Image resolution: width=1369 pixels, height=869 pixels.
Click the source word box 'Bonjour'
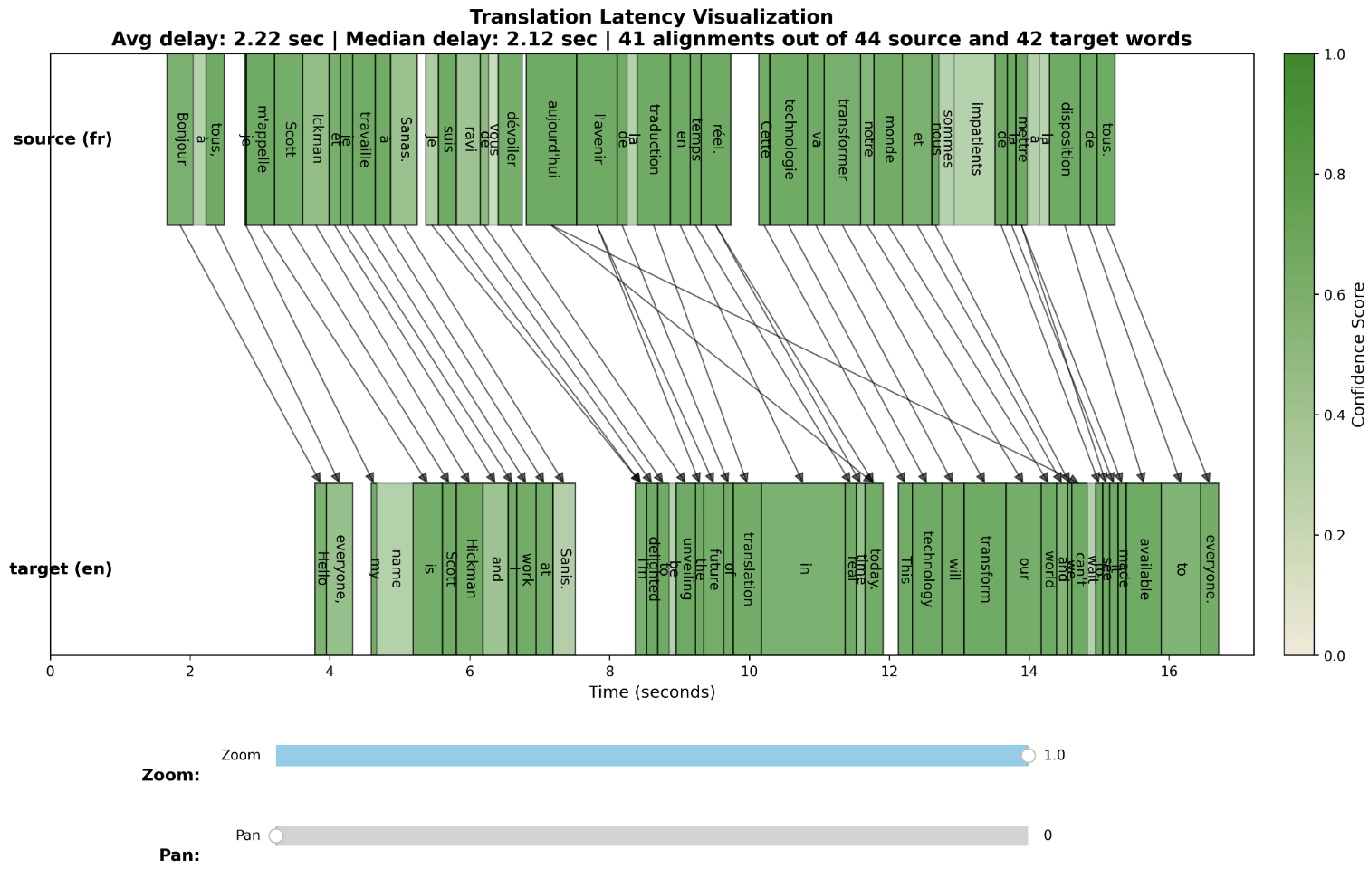click(x=179, y=139)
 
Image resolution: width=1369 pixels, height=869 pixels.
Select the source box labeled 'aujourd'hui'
click(x=550, y=139)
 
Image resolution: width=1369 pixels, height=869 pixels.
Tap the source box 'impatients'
click(x=974, y=139)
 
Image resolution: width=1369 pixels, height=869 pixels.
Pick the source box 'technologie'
click(x=788, y=139)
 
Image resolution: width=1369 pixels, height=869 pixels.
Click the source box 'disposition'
click(x=1065, y=139)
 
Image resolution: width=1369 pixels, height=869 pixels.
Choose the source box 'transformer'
click(x=842, y=139)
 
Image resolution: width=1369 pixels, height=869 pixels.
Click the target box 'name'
click(x=395, y=568)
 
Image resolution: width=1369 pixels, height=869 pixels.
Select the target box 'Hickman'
click(x=469, y=568)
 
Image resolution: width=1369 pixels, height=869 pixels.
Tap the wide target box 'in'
click(x=803, y=568)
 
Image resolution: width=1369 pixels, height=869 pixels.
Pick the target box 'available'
click(x=1144, y=568)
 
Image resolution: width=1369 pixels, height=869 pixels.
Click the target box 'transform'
click(x=985, y=568)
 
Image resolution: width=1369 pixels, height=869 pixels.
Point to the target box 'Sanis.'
click(x=564, y=568)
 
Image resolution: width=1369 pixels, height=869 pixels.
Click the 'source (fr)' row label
click(x=62, y=139)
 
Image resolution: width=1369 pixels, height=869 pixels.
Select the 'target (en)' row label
click(x=61, y=568)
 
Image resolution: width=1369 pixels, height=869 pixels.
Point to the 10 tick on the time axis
click(x=749, y=672)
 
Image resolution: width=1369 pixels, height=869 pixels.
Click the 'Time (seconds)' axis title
click(x=651, y=692)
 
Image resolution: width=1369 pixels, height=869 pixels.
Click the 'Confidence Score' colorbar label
click(x=1357, y=355)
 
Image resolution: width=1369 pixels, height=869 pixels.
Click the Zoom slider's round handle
click(x=1028, y=756)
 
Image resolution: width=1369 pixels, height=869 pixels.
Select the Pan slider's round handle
click(x=276, y=836)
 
